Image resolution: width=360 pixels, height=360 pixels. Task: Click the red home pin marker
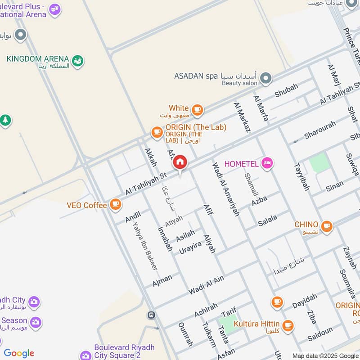(x=180, y=162)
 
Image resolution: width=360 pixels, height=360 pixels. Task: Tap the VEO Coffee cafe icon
(x=116, y=205)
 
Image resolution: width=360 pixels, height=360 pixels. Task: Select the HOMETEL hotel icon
(x=267, y=164)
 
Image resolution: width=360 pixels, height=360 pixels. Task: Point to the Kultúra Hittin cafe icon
(x=288, y=324)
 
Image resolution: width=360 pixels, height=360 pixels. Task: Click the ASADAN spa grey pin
(x=266, y=79)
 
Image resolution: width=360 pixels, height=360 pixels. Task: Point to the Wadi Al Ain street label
(x=206, y=285)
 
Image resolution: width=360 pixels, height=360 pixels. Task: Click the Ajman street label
(x=162, y=280)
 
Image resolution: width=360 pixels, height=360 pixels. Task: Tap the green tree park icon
(x=5, y=121)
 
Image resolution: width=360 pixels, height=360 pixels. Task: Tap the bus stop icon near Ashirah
(x=152, y=315)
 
